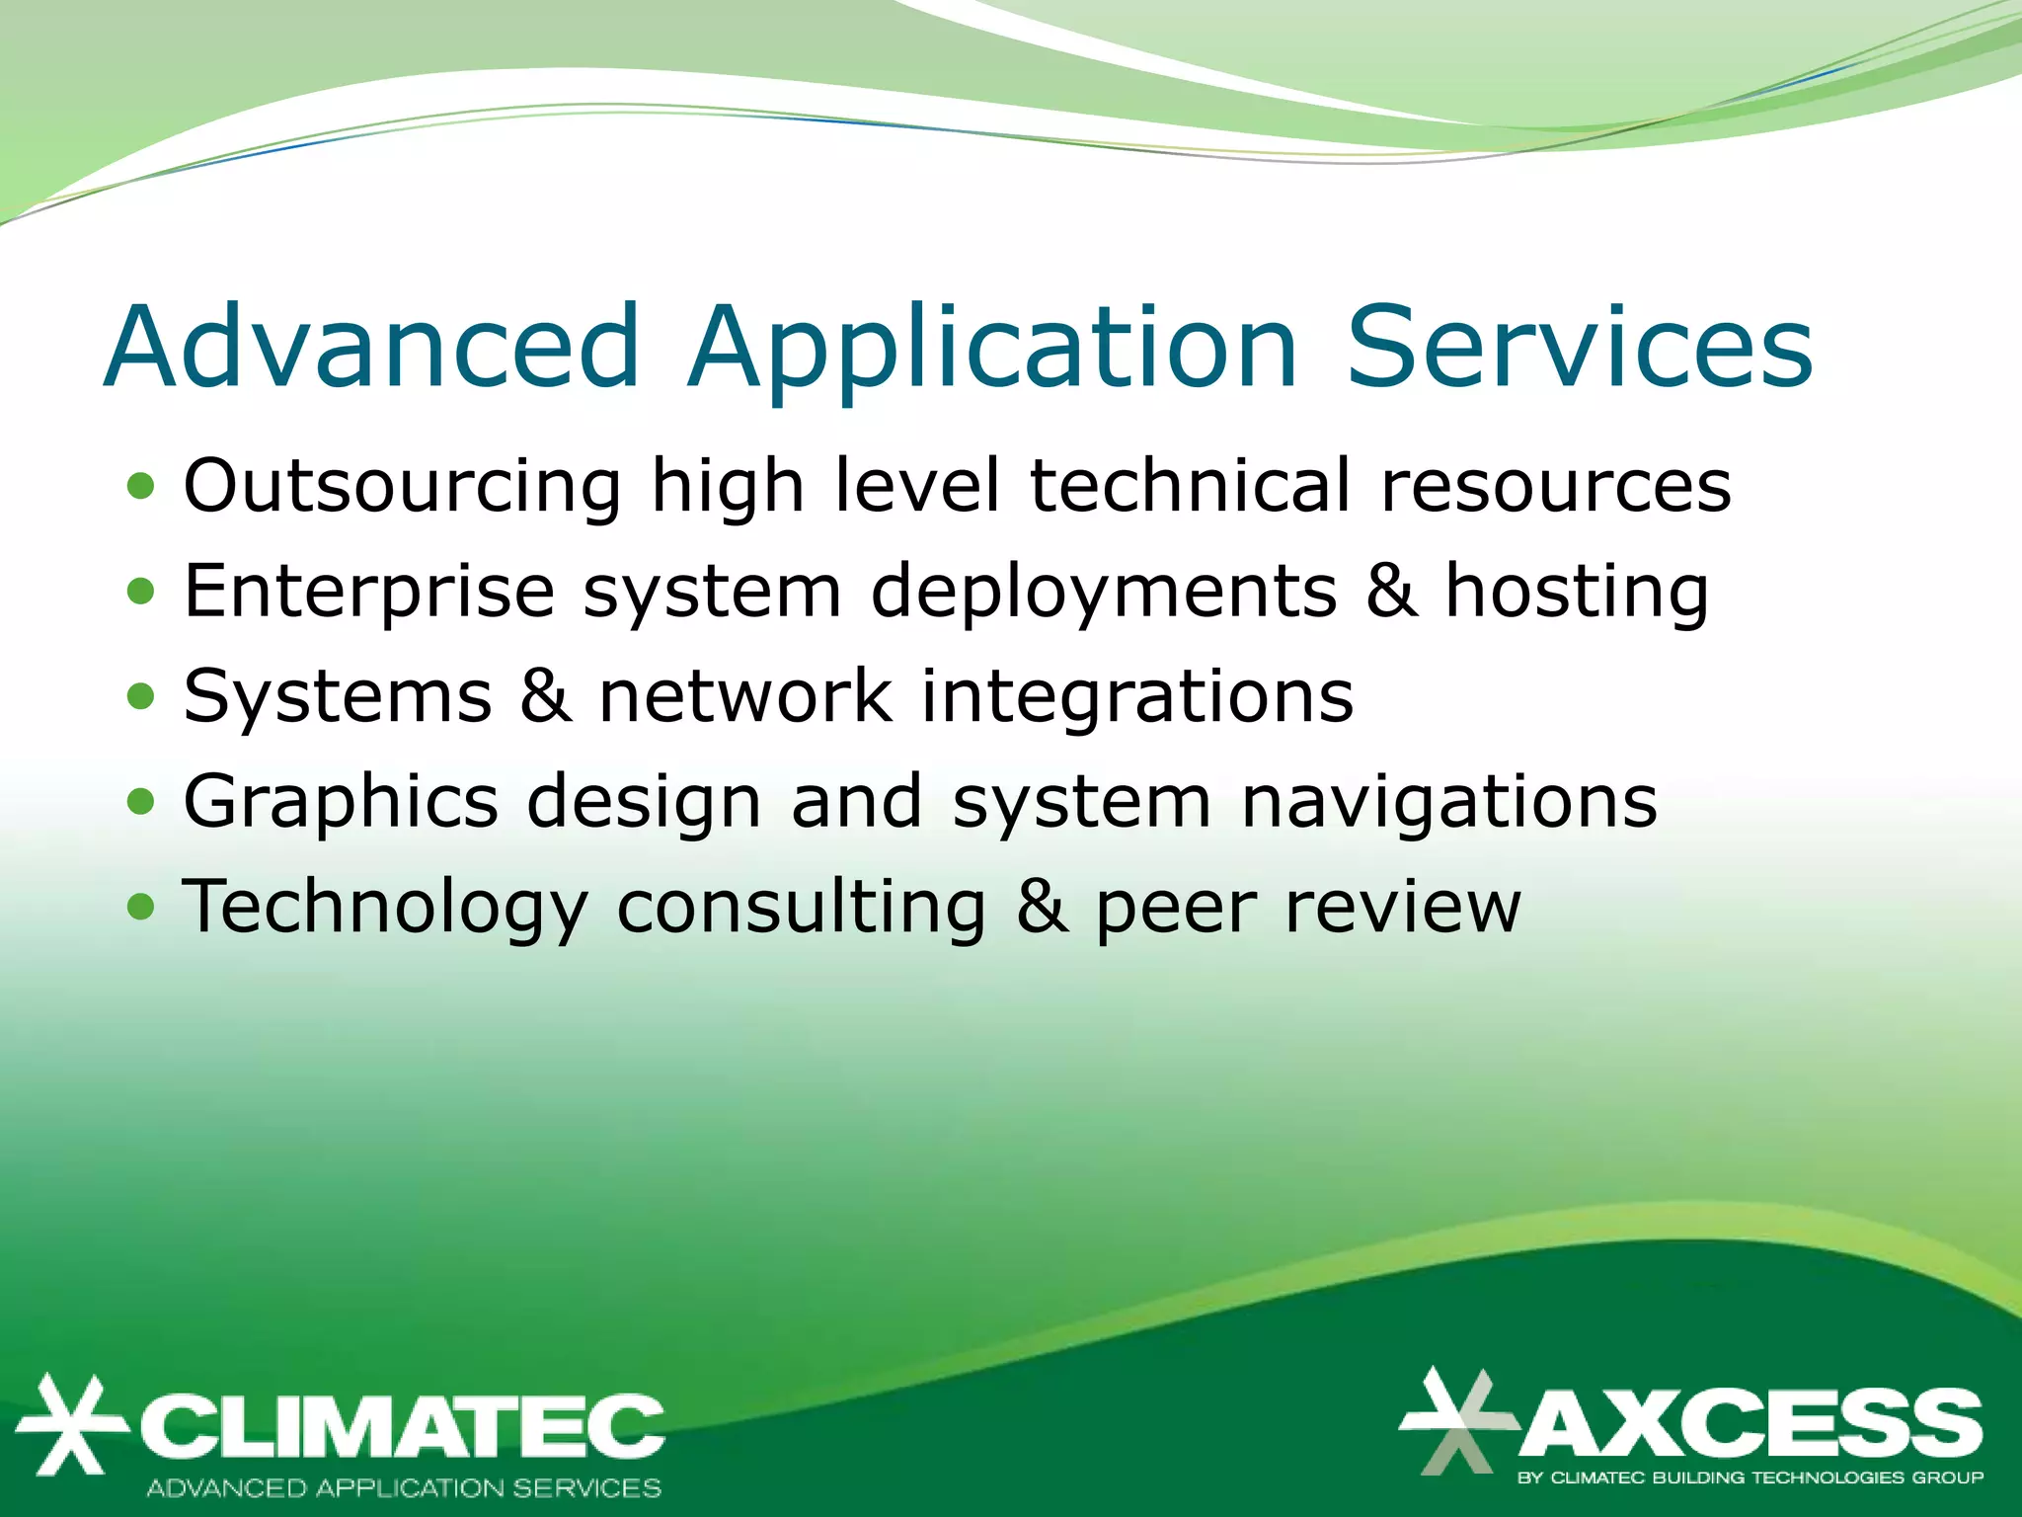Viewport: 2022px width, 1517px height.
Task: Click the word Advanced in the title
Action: point(373,348)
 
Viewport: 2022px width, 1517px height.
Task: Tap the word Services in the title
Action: point(1580,348)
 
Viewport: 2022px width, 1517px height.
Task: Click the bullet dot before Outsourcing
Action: point(141,486)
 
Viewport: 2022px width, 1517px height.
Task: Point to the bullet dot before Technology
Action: point(141,906)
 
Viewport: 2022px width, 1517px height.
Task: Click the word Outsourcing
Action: point(403,486)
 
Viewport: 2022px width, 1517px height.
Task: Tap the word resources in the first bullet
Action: point(1555,486)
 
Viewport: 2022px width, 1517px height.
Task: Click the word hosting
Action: point(1577,593)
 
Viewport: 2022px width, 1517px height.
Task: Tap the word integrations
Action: point(1137,697)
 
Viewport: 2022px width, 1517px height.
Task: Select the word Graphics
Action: point(341,802)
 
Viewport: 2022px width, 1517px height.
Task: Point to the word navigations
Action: point(1449,802)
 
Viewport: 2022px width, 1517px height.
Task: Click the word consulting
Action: point(801,908)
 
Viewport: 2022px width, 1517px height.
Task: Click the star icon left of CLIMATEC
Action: point(69,1425)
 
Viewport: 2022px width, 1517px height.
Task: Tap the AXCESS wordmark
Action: point(1750,1422)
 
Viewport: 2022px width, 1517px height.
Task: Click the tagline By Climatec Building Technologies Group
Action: point(1750,1477)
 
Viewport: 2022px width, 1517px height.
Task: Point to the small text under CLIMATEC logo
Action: point(404,1487)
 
